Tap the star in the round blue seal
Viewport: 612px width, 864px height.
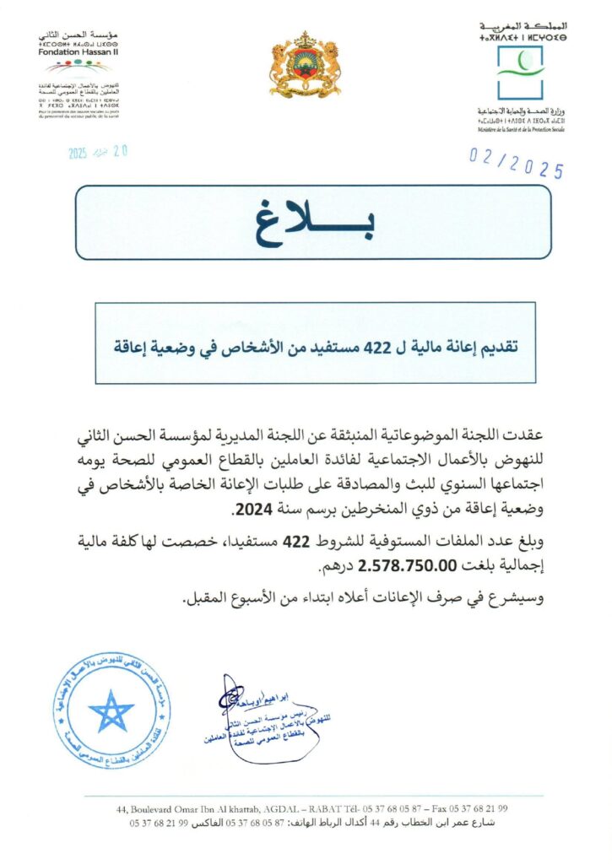pos(111,710)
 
